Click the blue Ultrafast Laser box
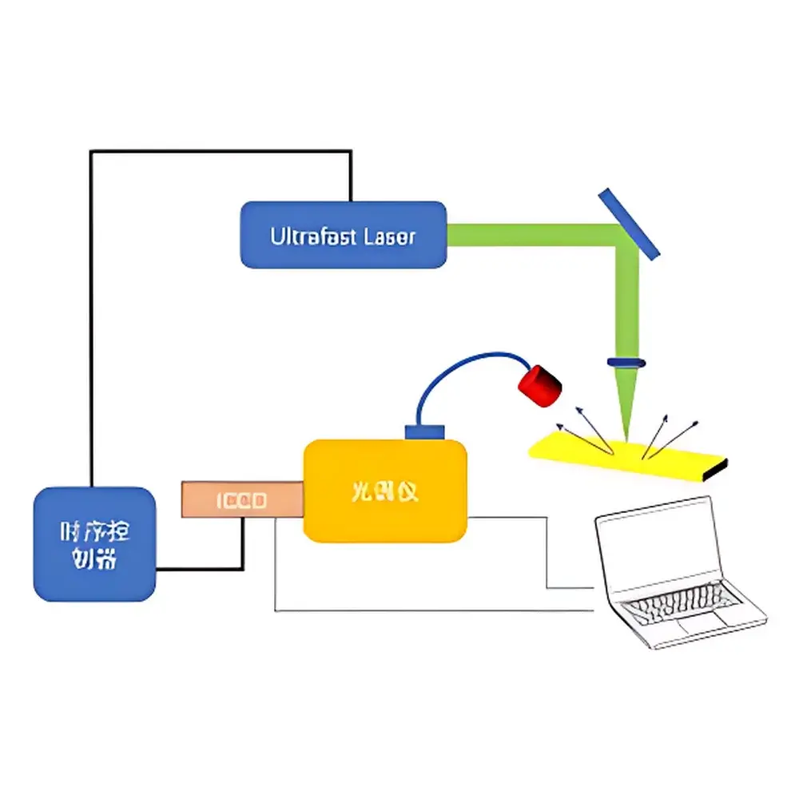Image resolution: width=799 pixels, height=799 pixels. [x=344, y=234]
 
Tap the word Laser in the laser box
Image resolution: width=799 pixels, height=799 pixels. [x=389, y=237]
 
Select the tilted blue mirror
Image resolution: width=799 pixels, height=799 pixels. [x=630, y=224]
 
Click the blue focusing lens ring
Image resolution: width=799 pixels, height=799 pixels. [x=626, y=362]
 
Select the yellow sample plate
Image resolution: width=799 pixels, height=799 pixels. [x=623, y=457]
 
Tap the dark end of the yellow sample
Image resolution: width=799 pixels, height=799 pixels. [x=719, y=470]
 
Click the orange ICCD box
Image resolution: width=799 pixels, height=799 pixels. [x=242, y=499]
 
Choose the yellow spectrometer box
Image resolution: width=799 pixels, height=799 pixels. [x=384, y=490]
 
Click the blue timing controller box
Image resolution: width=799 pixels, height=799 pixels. [x=93, y=544]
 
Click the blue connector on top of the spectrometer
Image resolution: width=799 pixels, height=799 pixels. [x=423, y=431]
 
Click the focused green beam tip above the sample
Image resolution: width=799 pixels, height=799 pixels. [x=626, y=423]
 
